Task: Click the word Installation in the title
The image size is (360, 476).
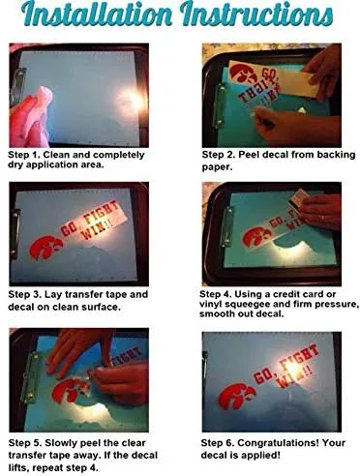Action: pos(97,14)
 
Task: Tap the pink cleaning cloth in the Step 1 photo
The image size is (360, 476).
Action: pos(32,117)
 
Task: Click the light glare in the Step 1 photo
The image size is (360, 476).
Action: pos(132,100)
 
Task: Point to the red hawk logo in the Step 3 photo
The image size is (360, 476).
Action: pos(45,247)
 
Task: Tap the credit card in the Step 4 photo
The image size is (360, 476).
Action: pos(298,197)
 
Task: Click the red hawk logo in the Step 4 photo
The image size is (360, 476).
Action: pos(257,236)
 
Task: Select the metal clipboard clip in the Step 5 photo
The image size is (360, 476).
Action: pos(30,377)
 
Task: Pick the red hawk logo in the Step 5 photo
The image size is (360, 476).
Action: pos(70,391)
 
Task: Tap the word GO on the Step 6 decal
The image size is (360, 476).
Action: pos(263,375)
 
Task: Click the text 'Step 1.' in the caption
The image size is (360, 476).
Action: pos(24,155)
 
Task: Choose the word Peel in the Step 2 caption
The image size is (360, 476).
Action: pos(249,155)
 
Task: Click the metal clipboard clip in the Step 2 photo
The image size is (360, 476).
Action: pos(221,104)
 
